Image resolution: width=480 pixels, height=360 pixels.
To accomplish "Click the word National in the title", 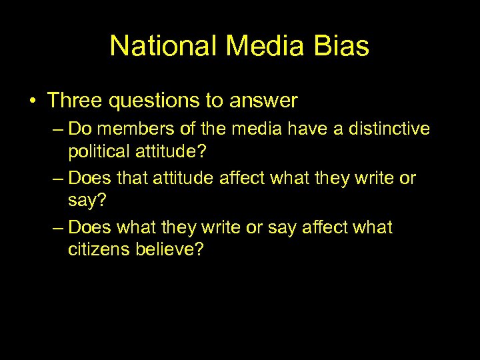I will pos(163,46).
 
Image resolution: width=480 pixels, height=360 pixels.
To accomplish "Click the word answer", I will pos(263,102).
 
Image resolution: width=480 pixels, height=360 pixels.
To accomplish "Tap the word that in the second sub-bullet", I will pos(132,178).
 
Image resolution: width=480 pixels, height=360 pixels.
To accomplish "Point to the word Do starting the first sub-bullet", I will pos(79,127).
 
